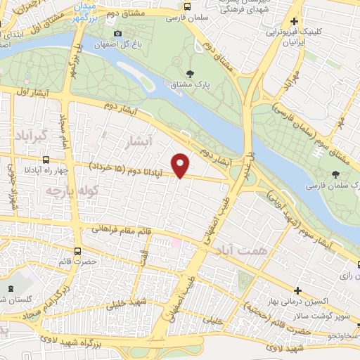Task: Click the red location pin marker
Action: point(181,165)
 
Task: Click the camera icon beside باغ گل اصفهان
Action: point(117,34)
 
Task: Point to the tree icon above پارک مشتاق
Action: point(189,72)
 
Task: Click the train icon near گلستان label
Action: point(11,288)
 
